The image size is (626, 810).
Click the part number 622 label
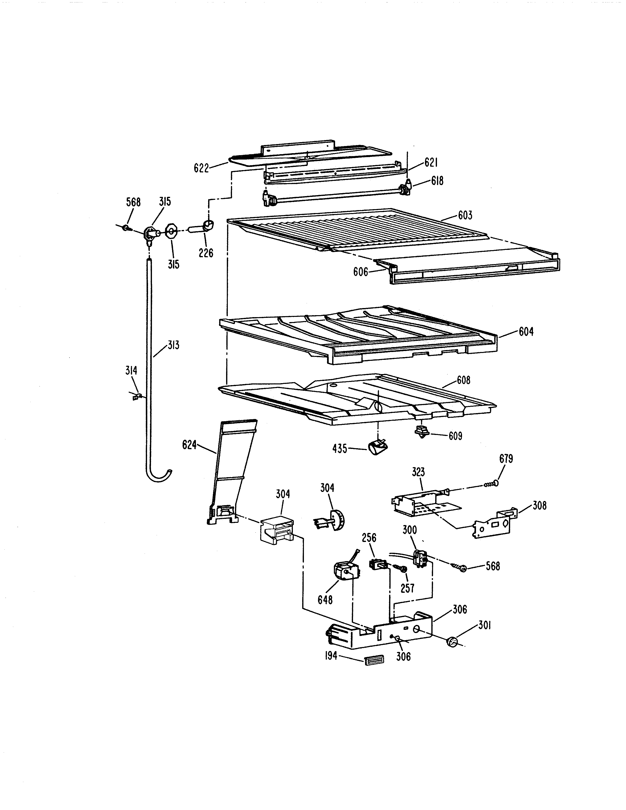pyautogui.click(x=201, y=168)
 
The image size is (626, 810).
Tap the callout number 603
pyautogui.click(x=465, y=215)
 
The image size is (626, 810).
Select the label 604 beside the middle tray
pyautogui.click(x=526, y=332)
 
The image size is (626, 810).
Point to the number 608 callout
pyautogui.click(x=463, y=380)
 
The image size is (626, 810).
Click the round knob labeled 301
pyautogui.click(x=452, y=642)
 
